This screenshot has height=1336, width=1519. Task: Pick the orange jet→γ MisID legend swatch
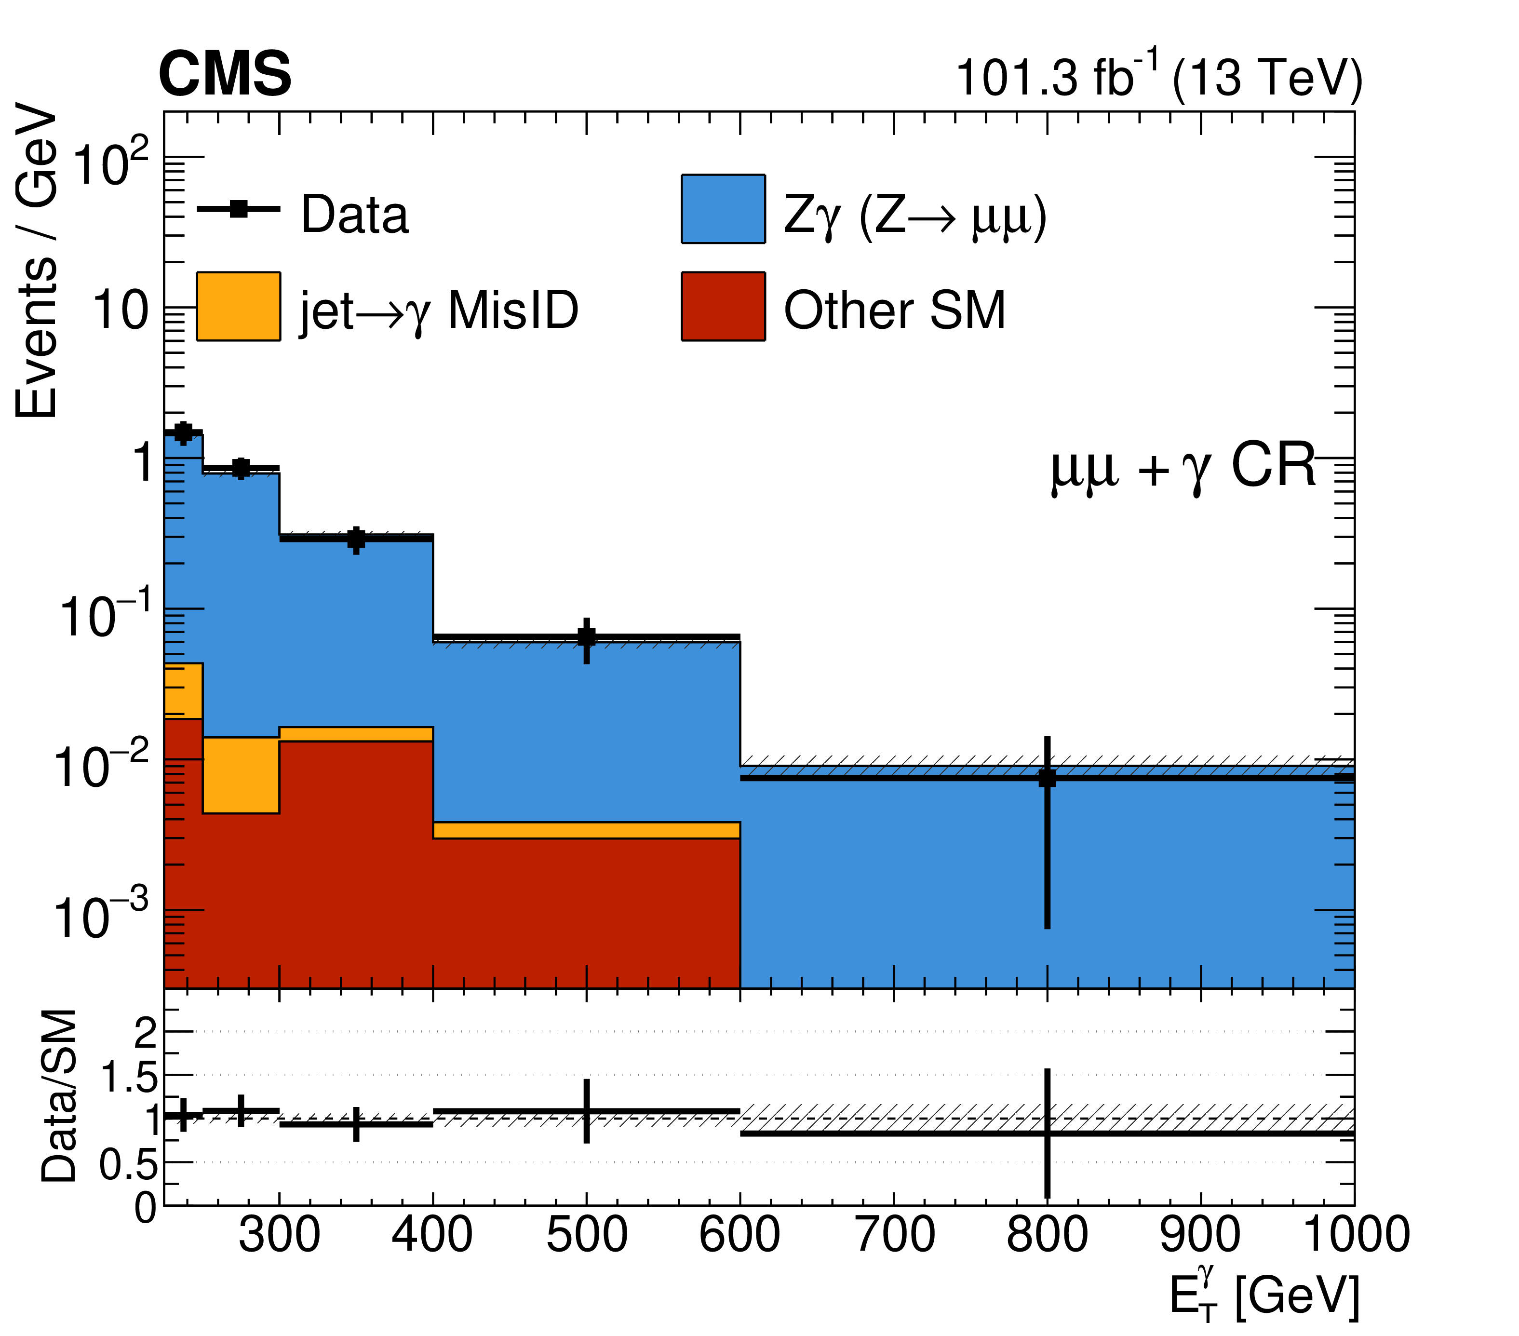click(238, 306)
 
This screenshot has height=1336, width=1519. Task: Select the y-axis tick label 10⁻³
click(100, 916)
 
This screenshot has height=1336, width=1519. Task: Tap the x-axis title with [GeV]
click(1264, 1296)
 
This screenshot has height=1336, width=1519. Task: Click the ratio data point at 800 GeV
click(1047, 1133)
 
